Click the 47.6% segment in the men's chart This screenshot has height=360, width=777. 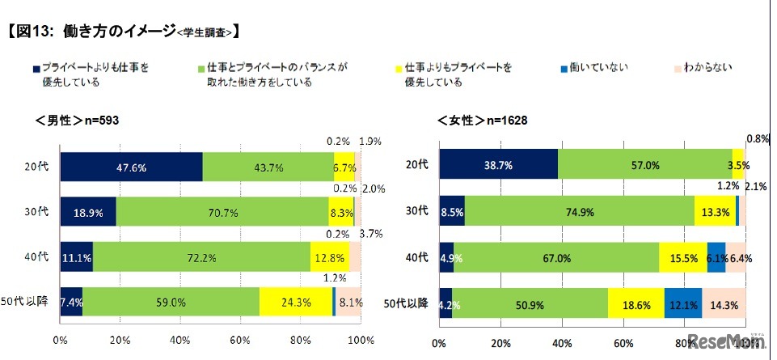pos(131,166)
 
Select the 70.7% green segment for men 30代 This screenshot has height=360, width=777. pos(222,212)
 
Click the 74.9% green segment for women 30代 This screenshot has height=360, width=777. pos(579,210)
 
